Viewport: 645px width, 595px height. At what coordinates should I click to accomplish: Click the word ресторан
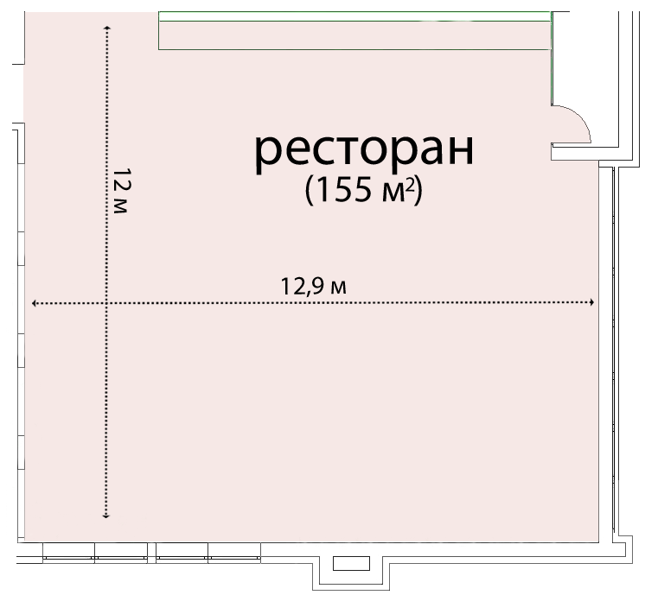coord(365,151)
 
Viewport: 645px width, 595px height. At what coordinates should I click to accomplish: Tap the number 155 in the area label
coord(343,190)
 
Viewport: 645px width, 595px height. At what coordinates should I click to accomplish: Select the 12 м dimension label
coord(121,191)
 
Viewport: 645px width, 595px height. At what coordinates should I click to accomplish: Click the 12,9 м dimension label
coord(314,286)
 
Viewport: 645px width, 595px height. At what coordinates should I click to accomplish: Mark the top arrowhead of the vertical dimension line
coord(107,28)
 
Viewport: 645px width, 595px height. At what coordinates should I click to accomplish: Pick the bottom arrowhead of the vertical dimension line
coord(106,516)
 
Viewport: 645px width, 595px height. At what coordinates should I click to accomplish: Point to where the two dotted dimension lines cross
coord(106,303)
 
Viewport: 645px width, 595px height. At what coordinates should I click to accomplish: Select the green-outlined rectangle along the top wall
coord(354,30)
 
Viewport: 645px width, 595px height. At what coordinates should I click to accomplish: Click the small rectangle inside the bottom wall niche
coord(351,563)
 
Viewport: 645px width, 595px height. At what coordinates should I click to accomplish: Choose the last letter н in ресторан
coord(460,151)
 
